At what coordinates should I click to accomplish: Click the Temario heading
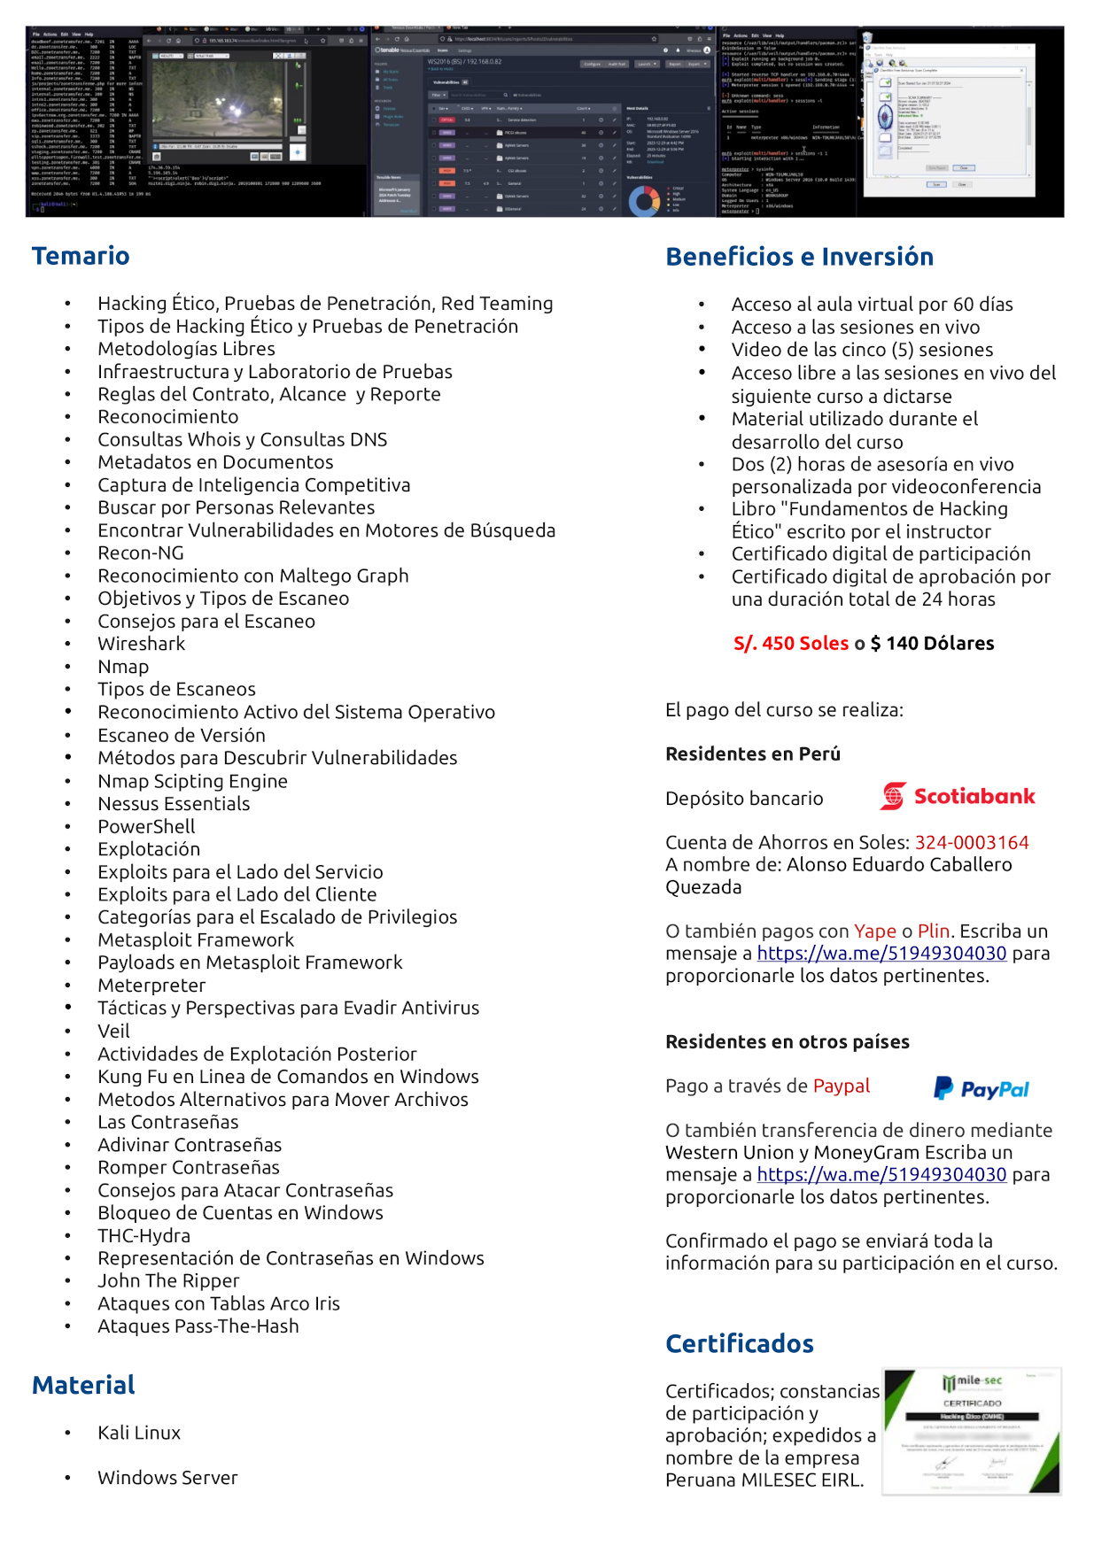(81, 256)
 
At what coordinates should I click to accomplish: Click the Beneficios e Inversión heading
(799, 257)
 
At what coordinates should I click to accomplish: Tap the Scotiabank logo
(957, 796)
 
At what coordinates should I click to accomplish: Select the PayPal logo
(981, 1088)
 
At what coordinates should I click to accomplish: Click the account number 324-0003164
(971, 842)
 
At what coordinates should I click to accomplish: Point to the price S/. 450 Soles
(790, 644)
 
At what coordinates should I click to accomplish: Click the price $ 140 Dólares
(932, 644)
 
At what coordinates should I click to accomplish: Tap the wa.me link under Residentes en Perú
(881, 954)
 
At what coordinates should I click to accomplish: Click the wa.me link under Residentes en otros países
(881, 1175)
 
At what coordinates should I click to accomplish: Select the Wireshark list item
(141, 644)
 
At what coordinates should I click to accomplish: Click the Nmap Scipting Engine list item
(192, 781)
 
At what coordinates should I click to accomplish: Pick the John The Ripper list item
(168, 1280)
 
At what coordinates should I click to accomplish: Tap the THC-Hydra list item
(144, 1235)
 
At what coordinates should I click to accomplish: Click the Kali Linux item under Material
(139, 1433)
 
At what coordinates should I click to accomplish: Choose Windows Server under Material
(167, 1478)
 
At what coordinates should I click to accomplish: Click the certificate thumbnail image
(971, 1431)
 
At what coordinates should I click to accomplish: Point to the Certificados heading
(739, 1344)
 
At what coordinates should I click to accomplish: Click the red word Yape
(874, 931)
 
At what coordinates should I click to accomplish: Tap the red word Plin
(933, 931)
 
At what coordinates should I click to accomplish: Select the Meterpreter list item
(151, 986)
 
